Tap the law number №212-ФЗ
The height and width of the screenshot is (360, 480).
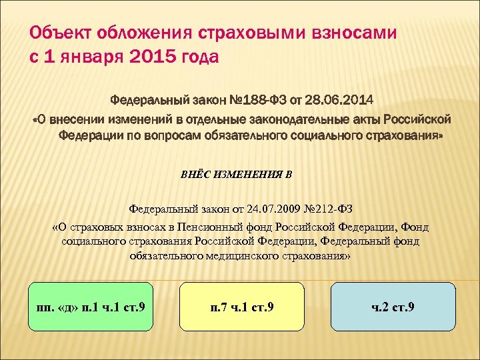[x=319, y=208]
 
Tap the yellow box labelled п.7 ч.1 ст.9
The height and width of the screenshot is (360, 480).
[x=241, y=306]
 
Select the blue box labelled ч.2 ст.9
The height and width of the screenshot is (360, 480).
[x=393, y=306]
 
